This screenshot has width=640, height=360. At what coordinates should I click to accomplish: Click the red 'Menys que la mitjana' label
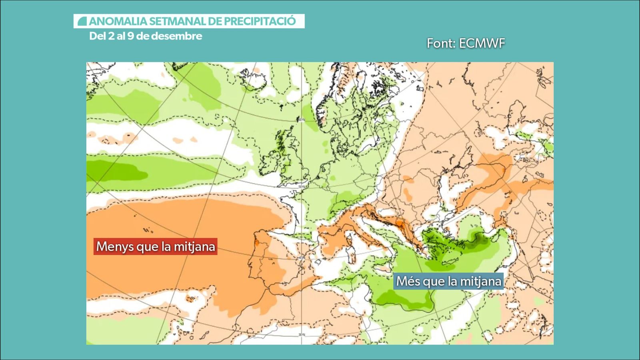[x=156, y=246]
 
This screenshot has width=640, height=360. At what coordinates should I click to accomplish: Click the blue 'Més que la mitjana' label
[x=448, y=281]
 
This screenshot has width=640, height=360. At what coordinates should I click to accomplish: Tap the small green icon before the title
[x=82, y=21]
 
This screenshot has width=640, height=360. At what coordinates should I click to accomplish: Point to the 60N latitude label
[x=301, y=120]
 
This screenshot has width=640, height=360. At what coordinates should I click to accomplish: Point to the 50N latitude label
[x=301, y=187]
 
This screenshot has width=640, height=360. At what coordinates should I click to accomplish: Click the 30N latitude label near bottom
[x=302, y=334]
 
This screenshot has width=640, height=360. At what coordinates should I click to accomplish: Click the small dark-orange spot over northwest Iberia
[x=256, y=242]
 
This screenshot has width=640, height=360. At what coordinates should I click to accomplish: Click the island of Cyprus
[x=494, y=276]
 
